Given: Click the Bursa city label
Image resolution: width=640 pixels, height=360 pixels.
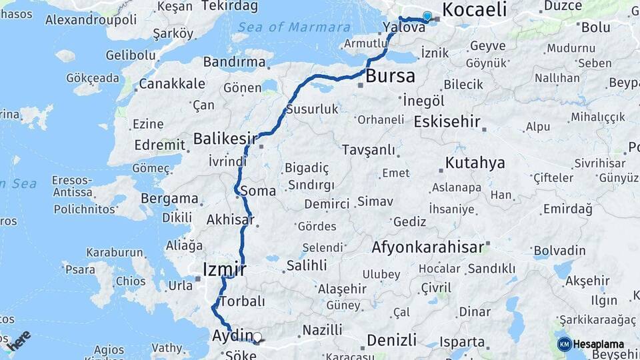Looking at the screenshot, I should click(x=390, y=75).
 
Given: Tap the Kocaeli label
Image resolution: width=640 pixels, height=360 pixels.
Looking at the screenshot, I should click(x=474, y=9).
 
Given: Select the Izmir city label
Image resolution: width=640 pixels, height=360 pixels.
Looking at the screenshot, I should click(x=224, y=269).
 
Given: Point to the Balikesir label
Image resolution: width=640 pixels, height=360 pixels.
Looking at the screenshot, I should click(x=225, y=139).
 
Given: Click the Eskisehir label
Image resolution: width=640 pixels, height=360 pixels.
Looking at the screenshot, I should click(x=447, y=122).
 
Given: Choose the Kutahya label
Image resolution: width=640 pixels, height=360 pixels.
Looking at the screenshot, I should click(x=475, y=163).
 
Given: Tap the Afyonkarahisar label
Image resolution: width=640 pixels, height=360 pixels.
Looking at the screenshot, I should click(x=427, y=247).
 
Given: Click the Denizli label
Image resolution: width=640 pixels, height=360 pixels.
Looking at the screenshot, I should click(x=392, y=339).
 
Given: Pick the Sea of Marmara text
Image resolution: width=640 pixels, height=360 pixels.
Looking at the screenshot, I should click(x=294, y=27).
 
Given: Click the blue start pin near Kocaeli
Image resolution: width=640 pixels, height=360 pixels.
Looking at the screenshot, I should click(x=427, y=15).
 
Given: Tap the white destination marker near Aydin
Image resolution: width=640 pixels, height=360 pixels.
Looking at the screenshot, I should click(x=257, y=337).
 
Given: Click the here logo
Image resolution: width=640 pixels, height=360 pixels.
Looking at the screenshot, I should click(x=18, y=340).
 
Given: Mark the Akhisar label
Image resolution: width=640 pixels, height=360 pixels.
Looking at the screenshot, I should click(x=231, y=219).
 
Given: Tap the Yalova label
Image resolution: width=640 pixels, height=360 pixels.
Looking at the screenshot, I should click(x=404, y=28).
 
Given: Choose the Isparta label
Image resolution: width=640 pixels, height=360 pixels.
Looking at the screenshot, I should click(x=463, y=342).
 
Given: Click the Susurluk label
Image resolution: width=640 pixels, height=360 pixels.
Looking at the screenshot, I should click(x=312, y=109).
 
